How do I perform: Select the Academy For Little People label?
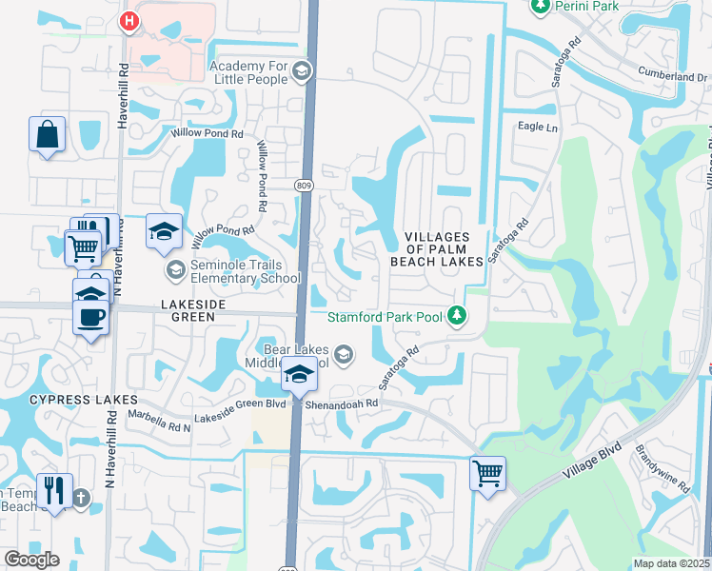click(248, 71)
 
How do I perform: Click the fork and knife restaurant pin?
click(54, 491)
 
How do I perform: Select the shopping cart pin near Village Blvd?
click(487, 472)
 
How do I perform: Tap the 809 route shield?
click(304, 185)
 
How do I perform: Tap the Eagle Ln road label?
click(535, 126)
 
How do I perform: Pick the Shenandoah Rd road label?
click(343, 403)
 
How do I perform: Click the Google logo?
click(31, 560)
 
